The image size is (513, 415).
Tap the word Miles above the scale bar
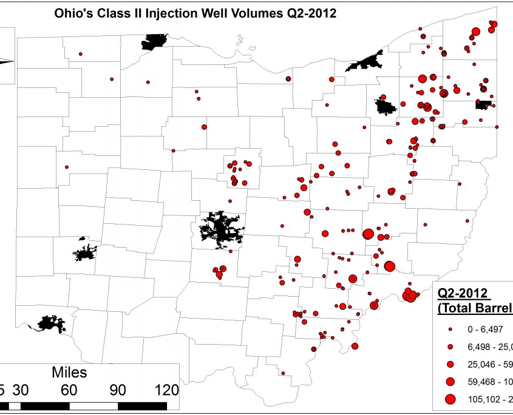[x=69, y=371]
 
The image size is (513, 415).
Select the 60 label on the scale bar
[x=69, y=389]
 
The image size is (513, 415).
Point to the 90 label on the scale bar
[x=117, y=389]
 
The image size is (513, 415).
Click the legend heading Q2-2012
[x=464, y=295]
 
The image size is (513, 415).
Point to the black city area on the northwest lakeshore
[x=155, y=42]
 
